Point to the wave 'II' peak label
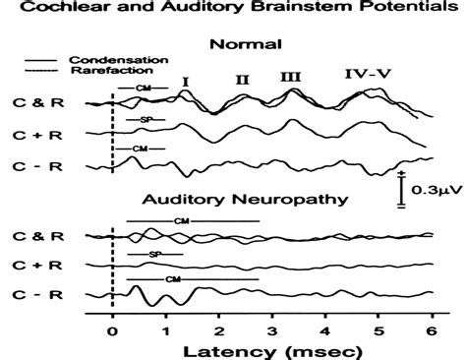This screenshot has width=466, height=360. pos(243,78)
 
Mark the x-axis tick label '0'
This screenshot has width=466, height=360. pos(113,330)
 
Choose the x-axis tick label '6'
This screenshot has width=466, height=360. pos(432,330)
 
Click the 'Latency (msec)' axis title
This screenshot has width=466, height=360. pos(269,349)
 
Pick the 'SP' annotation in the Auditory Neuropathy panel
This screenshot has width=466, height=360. pos(154,254)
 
